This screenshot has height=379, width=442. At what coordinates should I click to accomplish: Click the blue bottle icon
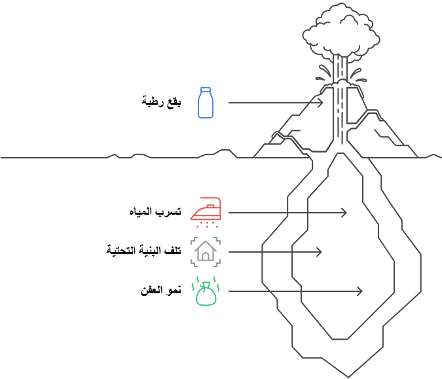206,103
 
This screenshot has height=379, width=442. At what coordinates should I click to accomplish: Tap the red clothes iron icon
206,211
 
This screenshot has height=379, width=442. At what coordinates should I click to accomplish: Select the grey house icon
206,251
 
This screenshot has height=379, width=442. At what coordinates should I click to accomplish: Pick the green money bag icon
206,292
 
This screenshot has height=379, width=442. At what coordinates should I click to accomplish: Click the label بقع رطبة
162,101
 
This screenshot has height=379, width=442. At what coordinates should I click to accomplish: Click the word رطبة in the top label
153,101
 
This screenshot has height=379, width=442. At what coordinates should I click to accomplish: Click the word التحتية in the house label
122,250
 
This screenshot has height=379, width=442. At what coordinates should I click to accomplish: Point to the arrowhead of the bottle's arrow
321,103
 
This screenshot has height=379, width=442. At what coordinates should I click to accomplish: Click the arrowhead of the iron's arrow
344,213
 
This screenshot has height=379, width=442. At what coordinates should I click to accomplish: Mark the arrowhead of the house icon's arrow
319,252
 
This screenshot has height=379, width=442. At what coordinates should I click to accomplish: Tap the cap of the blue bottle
206,89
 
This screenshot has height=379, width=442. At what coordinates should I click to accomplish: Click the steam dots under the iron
207,222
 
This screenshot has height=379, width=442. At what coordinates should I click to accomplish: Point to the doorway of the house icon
206,256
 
